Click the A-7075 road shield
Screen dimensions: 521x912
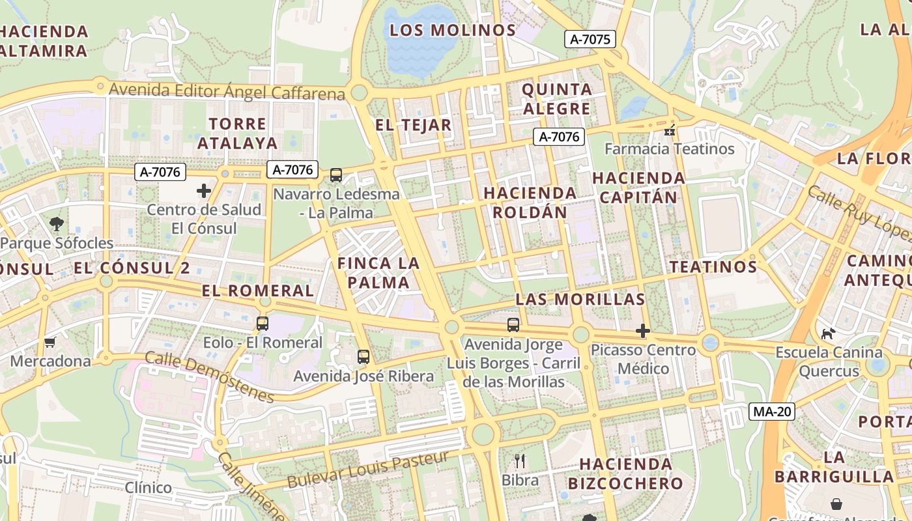click(590, 39)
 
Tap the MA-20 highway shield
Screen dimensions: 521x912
click(771, 411)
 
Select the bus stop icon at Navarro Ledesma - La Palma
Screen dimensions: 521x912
click(336, 175)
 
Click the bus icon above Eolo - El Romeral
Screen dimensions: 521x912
click(263, 323)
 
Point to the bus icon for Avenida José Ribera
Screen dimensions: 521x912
click(363, 357)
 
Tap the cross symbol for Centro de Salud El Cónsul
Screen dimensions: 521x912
click(204, 191)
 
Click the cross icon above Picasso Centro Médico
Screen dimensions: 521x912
click(643, 331)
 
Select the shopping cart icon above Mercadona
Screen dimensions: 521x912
click(50, 342)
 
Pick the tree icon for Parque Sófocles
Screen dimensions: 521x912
click(57, 224)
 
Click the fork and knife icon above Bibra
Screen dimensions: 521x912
click(520, 461)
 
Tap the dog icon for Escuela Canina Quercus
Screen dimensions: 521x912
click(828, 333)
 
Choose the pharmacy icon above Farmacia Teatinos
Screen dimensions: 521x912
click(669, 131)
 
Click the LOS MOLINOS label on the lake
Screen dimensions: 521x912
click(453, 30)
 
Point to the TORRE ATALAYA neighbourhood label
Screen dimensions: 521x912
click(238, 133)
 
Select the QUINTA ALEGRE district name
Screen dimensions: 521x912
click(557, 98)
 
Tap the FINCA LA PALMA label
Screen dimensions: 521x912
click(378, 273)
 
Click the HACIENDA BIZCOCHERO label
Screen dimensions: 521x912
click(625, 473)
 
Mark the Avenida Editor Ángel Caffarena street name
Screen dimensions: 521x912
click(227, 91)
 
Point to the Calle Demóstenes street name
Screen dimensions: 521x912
click(210, 377)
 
